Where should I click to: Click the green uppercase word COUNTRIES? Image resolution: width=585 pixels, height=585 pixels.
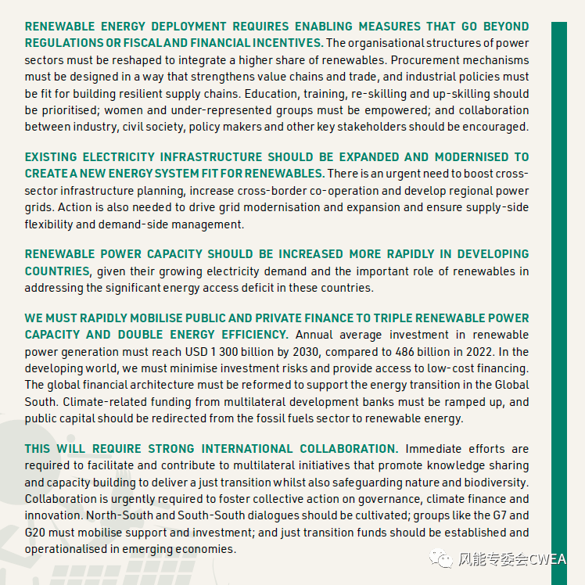(x=57, y=271)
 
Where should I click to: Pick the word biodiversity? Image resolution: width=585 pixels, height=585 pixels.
(x=494, y=482)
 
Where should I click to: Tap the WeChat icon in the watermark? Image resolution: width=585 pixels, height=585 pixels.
(x=443, y=559)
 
